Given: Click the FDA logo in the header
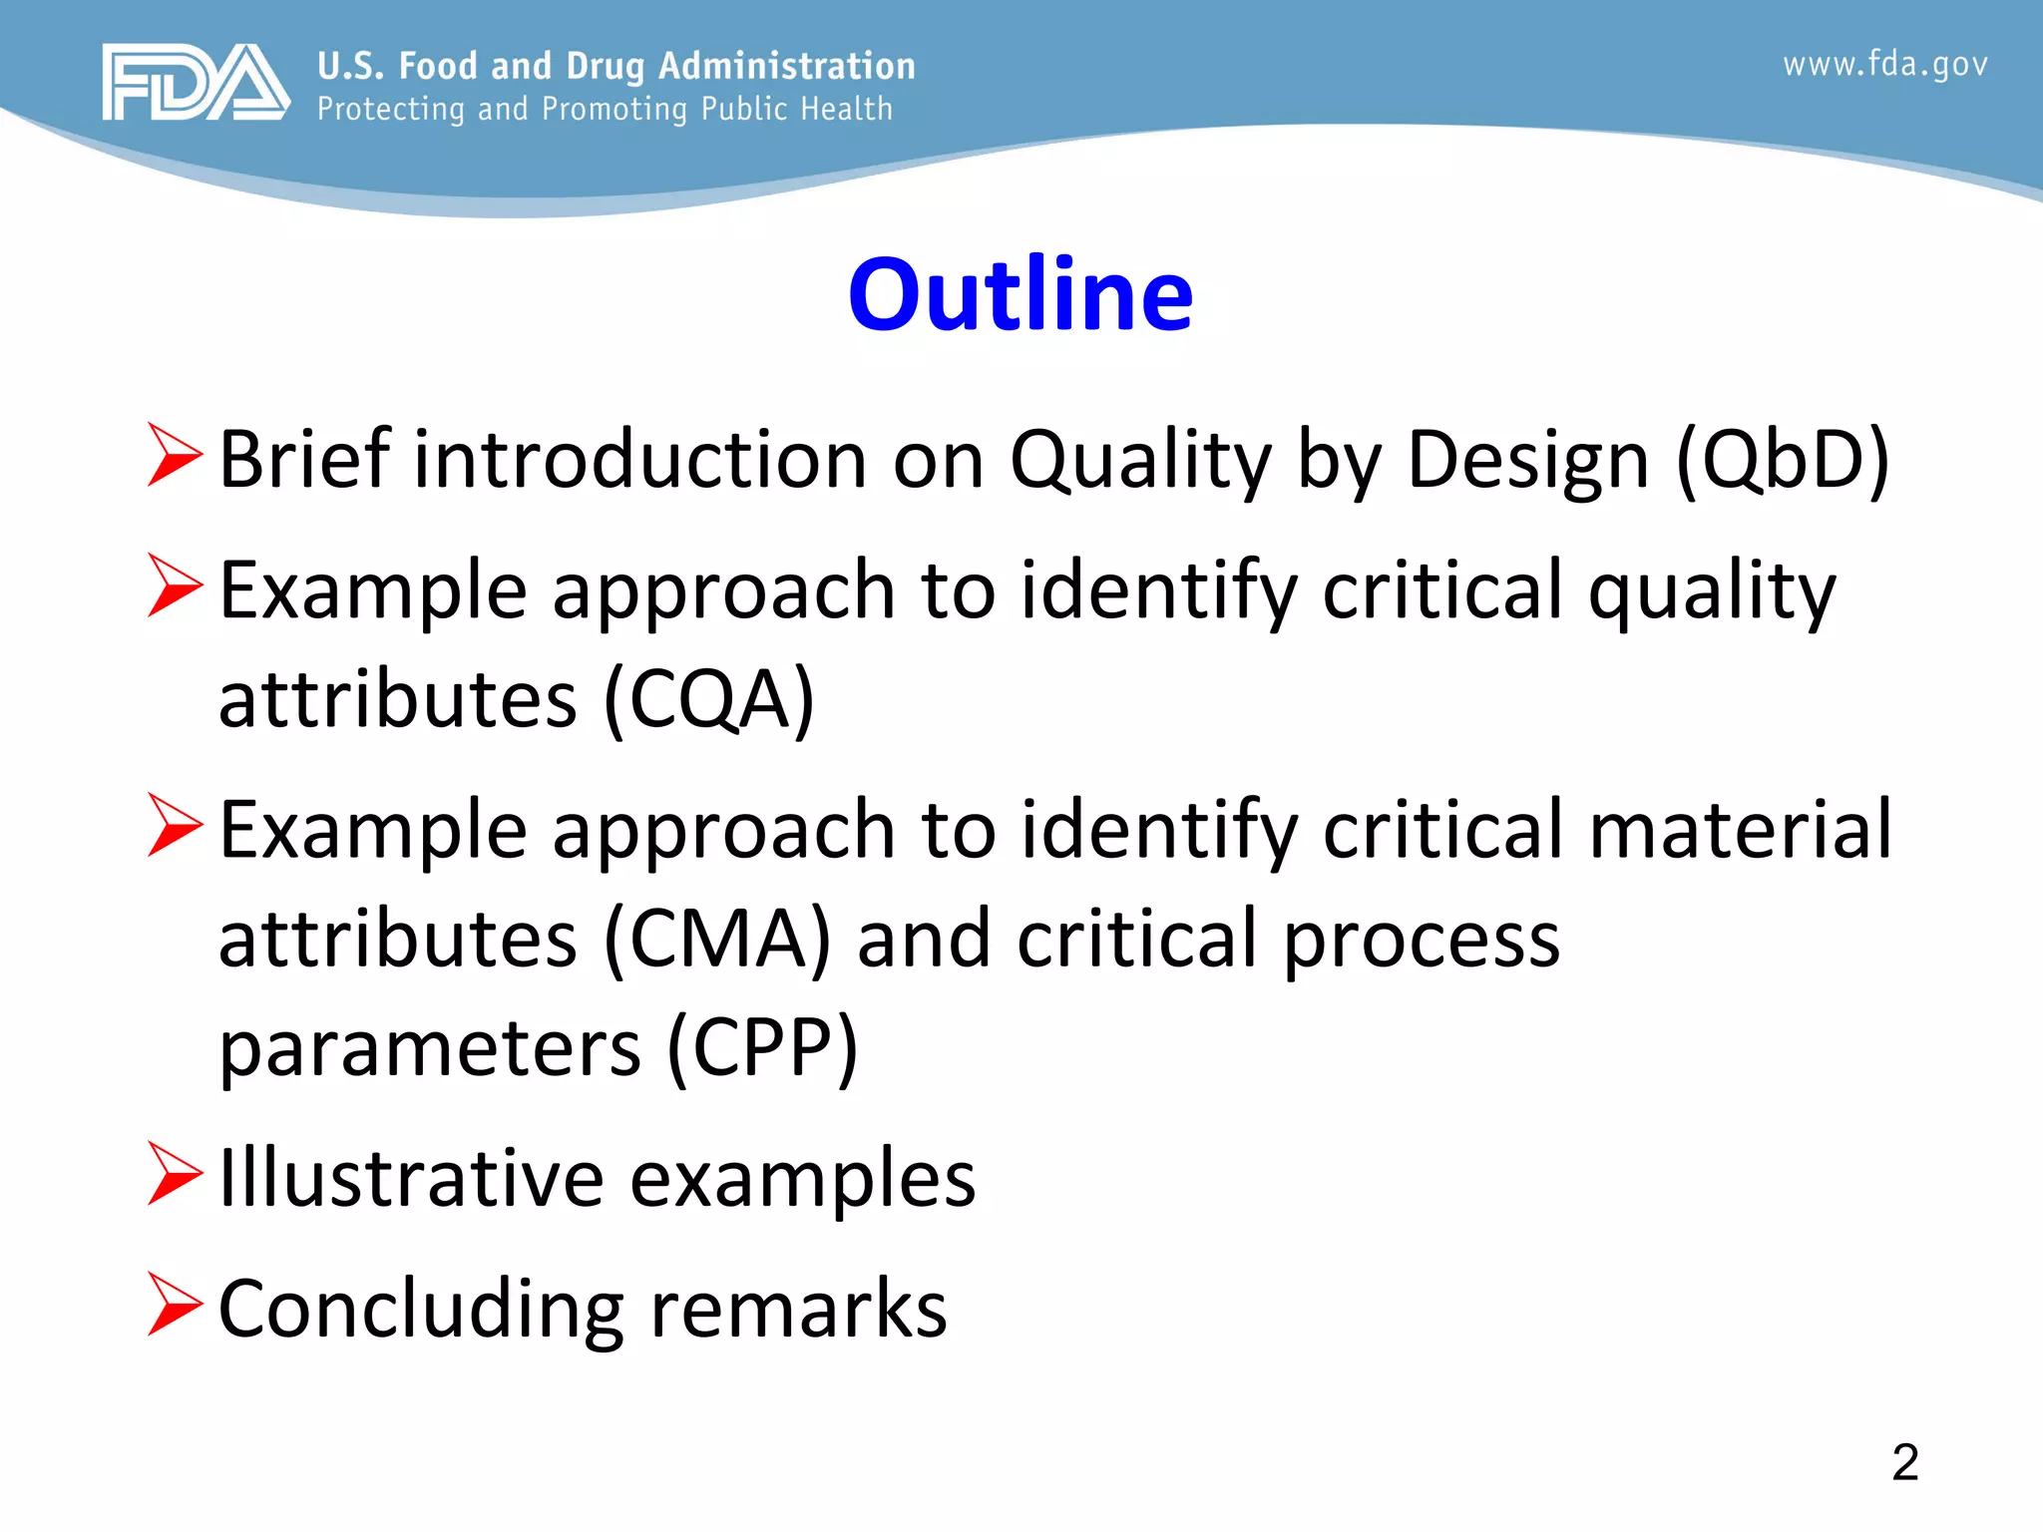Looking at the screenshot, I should coord(196,83).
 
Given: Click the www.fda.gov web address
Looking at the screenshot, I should coord(1884,65).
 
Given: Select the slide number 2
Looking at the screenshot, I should coord(1904,1462).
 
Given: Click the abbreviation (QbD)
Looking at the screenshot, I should coord(1782,460).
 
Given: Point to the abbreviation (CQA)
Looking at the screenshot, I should coord(709,699).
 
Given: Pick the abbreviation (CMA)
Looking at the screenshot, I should coord(717,939).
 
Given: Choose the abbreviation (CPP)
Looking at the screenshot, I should coord(762,1048).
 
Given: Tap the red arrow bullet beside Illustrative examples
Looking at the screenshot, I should coord(175,1174).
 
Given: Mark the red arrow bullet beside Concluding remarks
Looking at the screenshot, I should coord(175,1304).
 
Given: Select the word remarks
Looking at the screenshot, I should coord(798,1309).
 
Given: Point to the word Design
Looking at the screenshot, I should coord(1527,460).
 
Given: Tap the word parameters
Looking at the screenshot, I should coord(430,1048).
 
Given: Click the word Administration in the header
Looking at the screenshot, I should coord(786,66).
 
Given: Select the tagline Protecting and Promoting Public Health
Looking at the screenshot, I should coord(605,109).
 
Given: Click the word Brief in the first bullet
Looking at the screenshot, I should coord(305,460).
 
